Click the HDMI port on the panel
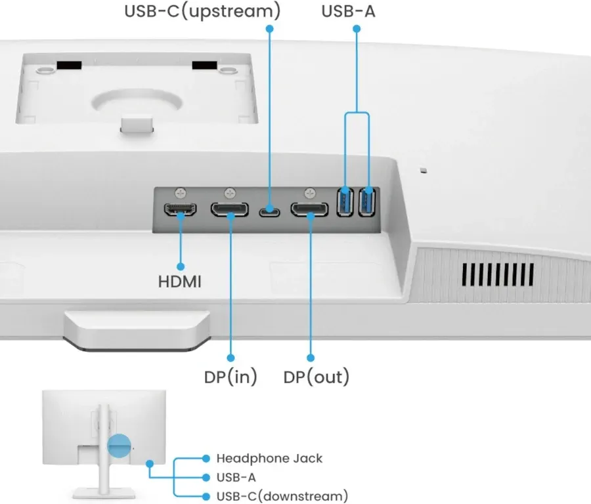[x=180, y=210]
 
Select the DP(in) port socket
[x=230, y=210]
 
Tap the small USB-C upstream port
[x=269, y=211]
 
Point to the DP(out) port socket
[x=310, y=210]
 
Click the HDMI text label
[x=180, y=282]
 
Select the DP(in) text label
[x=230, y=377]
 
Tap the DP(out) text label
[x=316, y=377]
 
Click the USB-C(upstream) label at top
[x=202, y=11]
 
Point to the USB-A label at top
[x=349, y=11]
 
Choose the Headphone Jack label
[x=269, y=458]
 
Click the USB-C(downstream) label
[x=282, y=495]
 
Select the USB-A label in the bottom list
[x=236, y=477]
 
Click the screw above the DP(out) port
[x=310, y=194]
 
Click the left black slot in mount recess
[x=68, y=66]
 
